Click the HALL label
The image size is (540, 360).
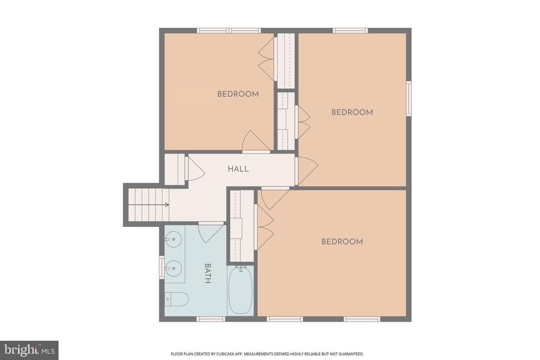tap(238, 169)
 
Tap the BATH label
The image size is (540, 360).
tap(208, 273)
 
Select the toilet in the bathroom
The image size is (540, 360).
tap(177, 299)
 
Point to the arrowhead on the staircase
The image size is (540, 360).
tap(167, 205)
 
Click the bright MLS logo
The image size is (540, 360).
tap(29, 350)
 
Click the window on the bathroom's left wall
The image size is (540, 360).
tap(162, 267)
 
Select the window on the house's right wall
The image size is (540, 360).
tap(409, 99)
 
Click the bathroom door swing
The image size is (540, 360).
tap(210, 233)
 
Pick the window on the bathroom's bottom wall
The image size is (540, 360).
tap(211, 319)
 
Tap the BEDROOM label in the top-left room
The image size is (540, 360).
tap(238, 94)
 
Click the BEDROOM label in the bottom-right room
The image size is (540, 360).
tap(342, 241)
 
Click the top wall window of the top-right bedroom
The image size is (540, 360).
tap(350, 31)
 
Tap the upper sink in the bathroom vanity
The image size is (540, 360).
tap(173, 239)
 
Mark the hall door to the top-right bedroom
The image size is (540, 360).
tap(307, 171)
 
